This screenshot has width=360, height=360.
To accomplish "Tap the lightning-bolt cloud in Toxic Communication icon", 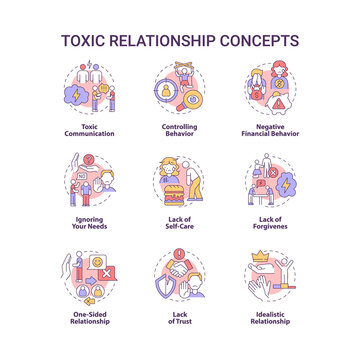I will tap(76, 89).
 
